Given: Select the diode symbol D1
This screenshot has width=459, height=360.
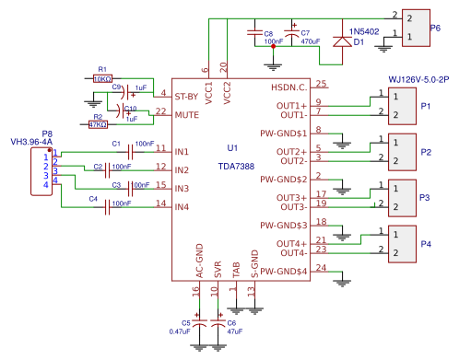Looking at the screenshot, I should [x=342, y=41].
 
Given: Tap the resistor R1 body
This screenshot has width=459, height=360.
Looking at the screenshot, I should [x=102, y=79].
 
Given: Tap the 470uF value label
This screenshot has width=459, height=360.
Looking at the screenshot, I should [x=311, y=42].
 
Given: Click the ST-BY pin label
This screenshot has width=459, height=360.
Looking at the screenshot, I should [x=188, y=96].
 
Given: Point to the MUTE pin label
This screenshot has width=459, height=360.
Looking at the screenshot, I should [x=187, y=114].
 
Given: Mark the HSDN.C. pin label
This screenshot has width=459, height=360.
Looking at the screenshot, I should [x=288, y=87].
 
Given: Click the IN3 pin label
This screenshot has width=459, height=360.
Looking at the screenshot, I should [x=181, y=188].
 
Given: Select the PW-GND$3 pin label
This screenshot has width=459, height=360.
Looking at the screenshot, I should [x=283, y=225].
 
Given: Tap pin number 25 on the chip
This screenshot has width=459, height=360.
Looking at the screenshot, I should [x=322, y=84].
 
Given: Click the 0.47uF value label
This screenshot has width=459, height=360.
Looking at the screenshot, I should [x=180, y=331].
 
